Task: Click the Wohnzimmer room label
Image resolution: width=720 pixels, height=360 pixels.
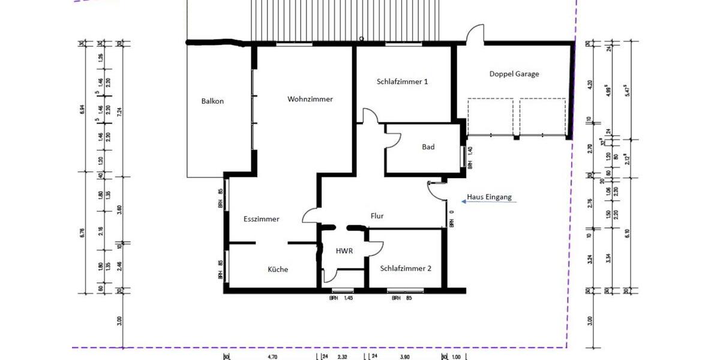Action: click(x=310, y=99)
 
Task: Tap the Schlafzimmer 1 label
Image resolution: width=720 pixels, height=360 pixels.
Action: click(x=402, y=82)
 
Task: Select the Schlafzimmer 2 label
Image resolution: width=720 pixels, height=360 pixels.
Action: click(x=406, y=269)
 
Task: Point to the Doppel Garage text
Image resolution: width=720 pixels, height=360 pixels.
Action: click(x=514, y=74)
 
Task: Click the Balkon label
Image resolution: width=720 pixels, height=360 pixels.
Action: click(x=212, y=101)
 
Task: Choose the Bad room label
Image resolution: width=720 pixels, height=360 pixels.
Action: click(x=428, y=147)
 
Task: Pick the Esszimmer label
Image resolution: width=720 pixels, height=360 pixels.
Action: click(x=261, y=219)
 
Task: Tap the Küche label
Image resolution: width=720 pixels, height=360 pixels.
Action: click(x=278, y=269)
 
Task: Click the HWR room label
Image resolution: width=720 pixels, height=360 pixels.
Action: click(x=344, y=251)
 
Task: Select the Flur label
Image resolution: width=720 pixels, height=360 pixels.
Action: click(x=377, y=216)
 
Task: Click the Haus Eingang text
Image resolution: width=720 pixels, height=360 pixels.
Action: click(x=490, y=197)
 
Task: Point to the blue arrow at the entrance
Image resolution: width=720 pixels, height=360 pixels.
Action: click(x=492, y=203)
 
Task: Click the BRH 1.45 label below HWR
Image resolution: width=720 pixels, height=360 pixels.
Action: click(x=341, y=298)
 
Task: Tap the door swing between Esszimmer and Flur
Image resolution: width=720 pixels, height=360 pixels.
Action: click(x=311, y=215)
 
